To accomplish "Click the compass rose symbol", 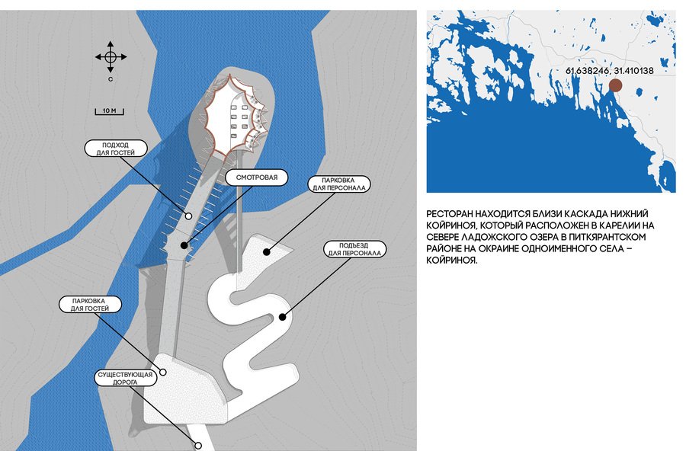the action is click(x=111, y=57).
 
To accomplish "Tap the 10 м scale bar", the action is click(x=109, y=111).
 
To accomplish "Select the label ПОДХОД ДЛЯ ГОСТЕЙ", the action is click(x=116, y=149).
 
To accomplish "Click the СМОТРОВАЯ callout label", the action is click(x=257, y=178).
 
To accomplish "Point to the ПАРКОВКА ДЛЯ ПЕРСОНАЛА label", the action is click(x=338, y=184).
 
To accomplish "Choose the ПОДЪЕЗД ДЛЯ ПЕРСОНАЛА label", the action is click(x=354, y=249).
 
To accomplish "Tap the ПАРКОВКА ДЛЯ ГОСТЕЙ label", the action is click(x=90, y=305).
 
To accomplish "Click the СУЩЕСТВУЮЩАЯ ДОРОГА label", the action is click(x=125, y=379).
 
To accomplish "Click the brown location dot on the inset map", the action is click(x=616, y=85).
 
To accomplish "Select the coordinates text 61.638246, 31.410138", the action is click(x=610, y=70).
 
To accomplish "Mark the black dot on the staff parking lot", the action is click(x=267, y=251).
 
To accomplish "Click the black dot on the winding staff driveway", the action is click(x=283, y=317).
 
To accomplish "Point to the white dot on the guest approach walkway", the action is click(x=188, y=216).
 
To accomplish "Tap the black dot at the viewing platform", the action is click(x=184, y=245).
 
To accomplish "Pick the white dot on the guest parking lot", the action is click(x=163, y=373).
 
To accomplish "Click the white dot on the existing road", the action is click(x=197, y=446).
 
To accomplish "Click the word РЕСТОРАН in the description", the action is click(x=448, y=214).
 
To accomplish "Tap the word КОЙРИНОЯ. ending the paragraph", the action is click(x=452, y=261).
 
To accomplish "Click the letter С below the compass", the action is click(x=111, y=79).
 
